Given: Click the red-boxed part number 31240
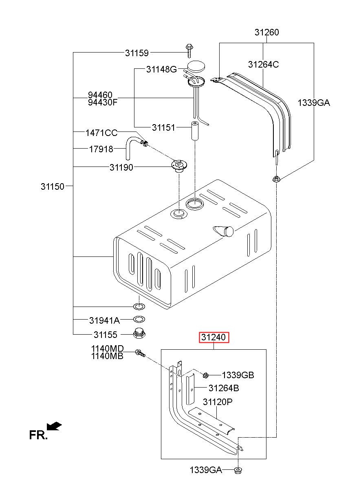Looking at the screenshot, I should [x=214, y=337].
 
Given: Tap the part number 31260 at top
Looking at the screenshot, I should [x=267, y=32].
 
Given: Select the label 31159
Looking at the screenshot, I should [x=137, y=53].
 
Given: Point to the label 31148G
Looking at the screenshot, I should [x=161, y=70].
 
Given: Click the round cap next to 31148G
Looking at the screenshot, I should [x=196, y=67].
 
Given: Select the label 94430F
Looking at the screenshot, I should [x=103, y=102].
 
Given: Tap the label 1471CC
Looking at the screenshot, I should [x=101, y=133].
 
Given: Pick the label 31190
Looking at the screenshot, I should [x=121, y=167].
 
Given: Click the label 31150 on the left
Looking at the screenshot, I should [x=53, y=186].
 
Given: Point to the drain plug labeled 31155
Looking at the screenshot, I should [x=139, y=335].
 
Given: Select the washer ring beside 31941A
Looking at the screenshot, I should [x=139, y=320].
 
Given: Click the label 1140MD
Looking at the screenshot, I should [x=107, y=348].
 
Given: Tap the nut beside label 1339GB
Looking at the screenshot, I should [x=206, y=375].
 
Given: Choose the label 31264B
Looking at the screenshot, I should [x=224, y=388].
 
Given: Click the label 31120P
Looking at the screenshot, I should [x=218, y=402].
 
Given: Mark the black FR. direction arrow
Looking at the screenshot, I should [x=55, y=426].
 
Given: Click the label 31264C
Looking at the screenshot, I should [x=264, y=64].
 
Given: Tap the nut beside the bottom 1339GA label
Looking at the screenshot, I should [x=238, y=471].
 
